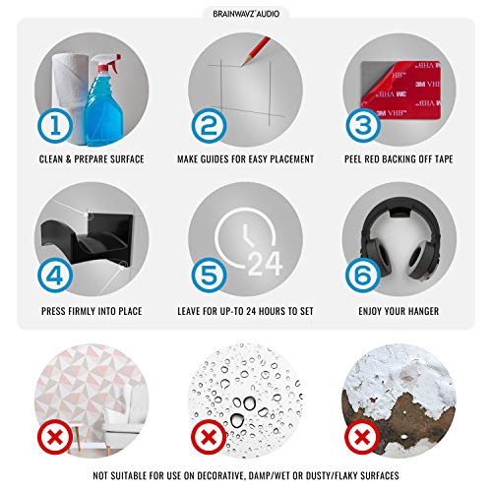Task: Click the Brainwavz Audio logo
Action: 246,14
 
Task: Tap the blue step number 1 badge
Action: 55,126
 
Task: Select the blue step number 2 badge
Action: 209,126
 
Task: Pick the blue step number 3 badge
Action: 363,126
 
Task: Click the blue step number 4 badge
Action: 55,275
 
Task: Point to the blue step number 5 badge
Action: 209,275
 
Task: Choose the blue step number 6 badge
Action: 363,275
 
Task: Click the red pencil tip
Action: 244,63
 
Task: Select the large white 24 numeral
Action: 265,264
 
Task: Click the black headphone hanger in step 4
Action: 87,238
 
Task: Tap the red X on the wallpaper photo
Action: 55,437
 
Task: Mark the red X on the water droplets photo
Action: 209,437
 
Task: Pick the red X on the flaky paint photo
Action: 363,437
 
